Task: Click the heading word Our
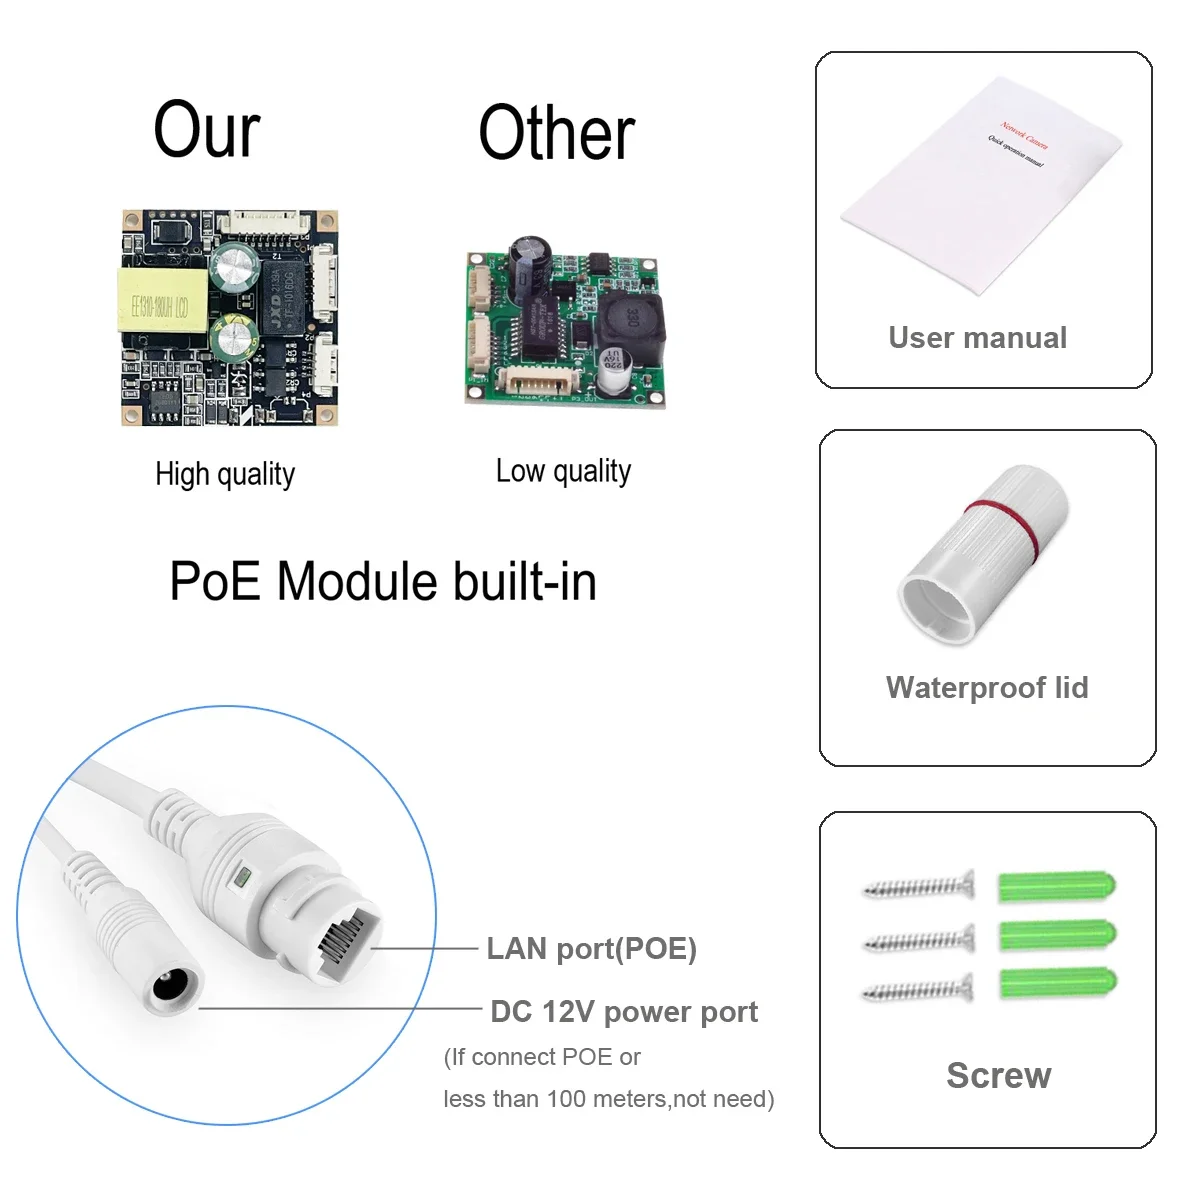pos(207,130)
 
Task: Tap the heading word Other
pos(556,133)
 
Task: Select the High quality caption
pos(225,474)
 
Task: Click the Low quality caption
pos(563,471)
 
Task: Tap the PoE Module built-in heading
pos(383,581)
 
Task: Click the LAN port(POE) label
pos(591,948)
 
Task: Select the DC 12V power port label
pos(624,1012)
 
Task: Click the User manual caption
pos(977,338)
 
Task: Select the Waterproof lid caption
pos(987,688)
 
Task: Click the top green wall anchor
pos(1056,886)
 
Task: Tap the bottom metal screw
pos(918,990)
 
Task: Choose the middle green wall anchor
pos(1056,935)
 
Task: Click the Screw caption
pos(998,1075)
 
